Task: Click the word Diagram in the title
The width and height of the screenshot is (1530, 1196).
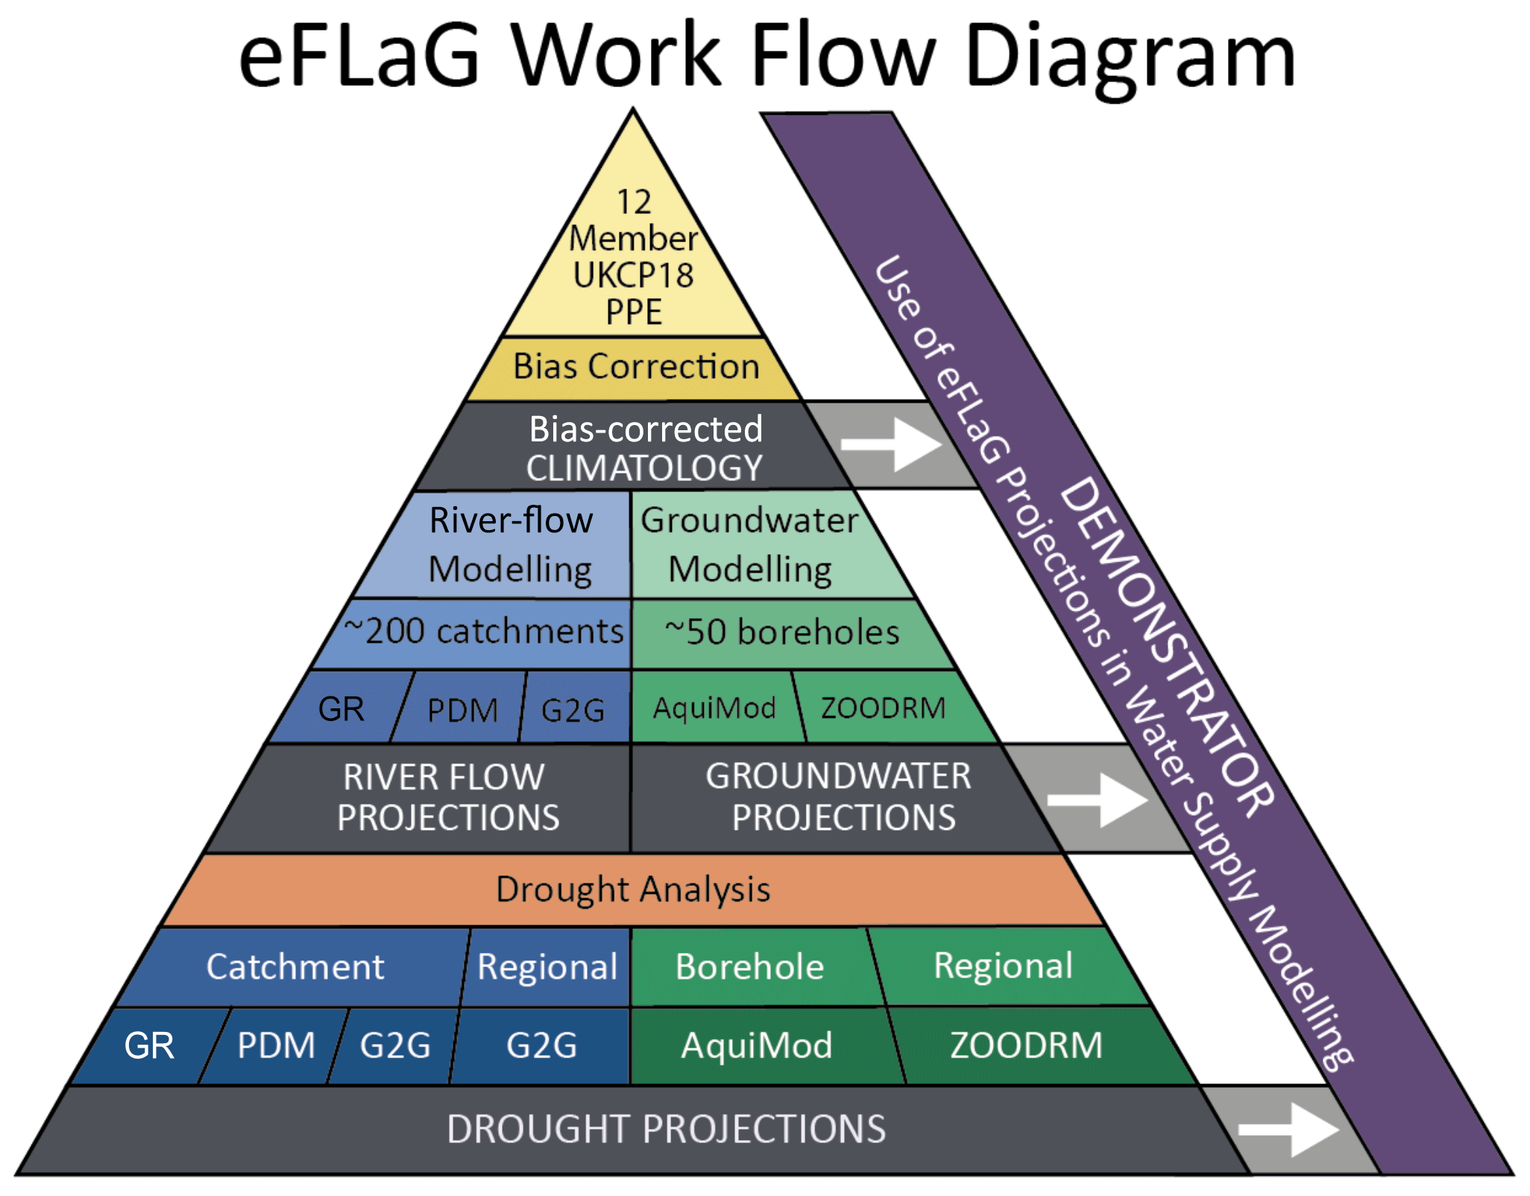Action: click(x=1130, y=56)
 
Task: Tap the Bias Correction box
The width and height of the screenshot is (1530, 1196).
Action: click(x=635, y=367)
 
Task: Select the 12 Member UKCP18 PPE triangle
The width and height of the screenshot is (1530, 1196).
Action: click(x=634, y=257)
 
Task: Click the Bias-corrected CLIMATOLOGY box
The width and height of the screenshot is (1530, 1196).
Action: click(x=645, y=447)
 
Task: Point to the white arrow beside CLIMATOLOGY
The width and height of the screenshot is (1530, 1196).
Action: click(x=891, y=444)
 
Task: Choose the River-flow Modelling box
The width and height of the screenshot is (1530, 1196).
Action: click(x=511, y=544)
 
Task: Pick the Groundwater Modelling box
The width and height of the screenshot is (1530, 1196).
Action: click(x=749, y=544)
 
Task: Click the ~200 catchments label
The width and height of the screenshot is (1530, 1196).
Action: click(x=483, y=632)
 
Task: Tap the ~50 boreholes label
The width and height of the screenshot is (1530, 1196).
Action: click(x=781, y=632)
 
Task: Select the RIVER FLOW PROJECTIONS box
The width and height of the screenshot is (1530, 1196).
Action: click(x=447, y=797)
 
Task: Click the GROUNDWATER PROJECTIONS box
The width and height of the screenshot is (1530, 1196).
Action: click(x=839, y=797)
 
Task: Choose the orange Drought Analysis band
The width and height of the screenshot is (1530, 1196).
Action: click(x=633, y=890)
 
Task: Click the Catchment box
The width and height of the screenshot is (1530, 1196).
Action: click(x=295, y=967)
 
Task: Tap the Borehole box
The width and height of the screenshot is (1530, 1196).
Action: click(x=749, y=967)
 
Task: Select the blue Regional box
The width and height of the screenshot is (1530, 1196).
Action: click(x=547, y=967)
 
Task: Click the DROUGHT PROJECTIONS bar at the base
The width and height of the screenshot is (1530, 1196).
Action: click(x=666, y=1129)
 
